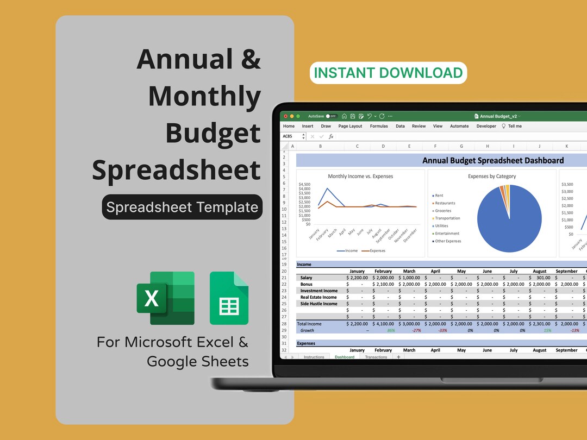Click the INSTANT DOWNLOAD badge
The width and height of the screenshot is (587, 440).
pos(388,73)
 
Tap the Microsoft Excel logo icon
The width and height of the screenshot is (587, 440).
pos(165,298)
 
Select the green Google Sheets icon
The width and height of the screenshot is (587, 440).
pos(229,298)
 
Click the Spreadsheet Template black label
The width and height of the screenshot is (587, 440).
pos(182,207)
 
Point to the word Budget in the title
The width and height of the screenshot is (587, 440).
pos(213,133)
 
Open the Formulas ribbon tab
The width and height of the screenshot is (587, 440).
pos(379,126)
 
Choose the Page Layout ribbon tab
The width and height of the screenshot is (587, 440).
pos(350,126)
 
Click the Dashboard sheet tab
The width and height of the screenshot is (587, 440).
pos(345,357)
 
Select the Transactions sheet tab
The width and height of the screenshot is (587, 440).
pos(376,357)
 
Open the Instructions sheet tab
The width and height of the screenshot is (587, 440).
pos(314,357)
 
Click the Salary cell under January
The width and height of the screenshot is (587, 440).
pos(357,278)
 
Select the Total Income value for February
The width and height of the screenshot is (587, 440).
pos(383,324)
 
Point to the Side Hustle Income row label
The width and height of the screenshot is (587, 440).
pos(319,304)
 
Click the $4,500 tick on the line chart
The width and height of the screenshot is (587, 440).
pos(304,184)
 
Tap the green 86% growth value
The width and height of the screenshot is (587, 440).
pos(391,330)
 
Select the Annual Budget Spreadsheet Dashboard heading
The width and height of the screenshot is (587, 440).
pos(493,160)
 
